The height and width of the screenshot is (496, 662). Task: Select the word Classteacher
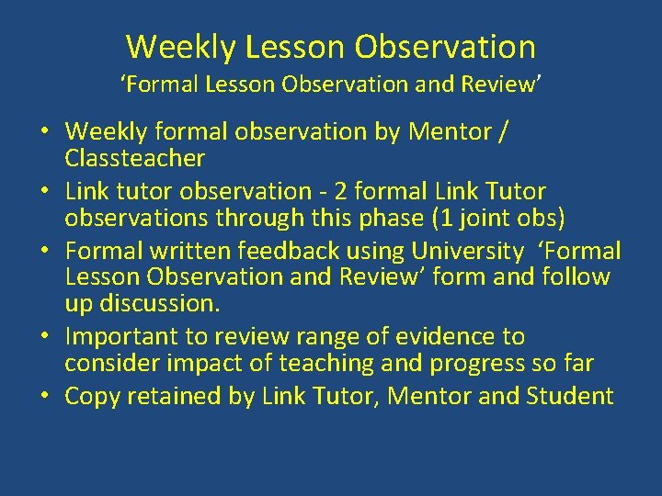pos(134,159)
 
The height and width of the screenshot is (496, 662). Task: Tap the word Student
pos(570,397)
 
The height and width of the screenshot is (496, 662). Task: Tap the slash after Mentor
pos(500,132)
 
